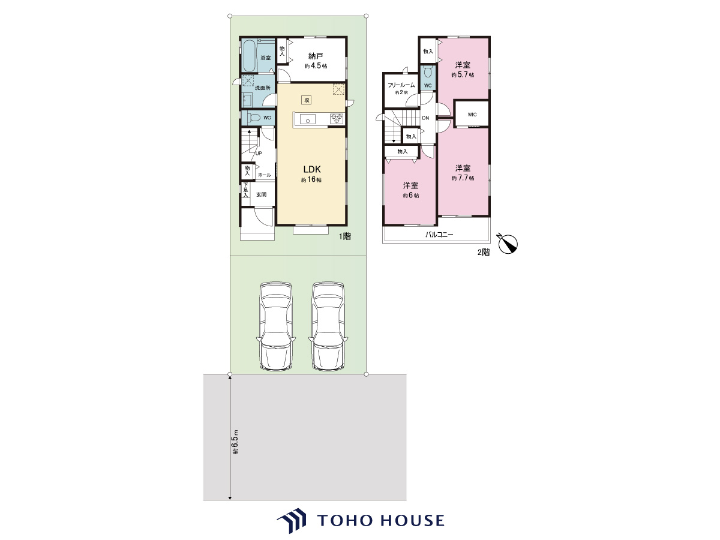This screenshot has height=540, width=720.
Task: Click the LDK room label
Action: [311, 169]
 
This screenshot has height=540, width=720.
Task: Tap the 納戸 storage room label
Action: [316, 56]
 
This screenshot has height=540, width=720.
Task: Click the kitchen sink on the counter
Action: [308, 119]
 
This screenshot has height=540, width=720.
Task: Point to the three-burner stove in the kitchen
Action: [337, 118]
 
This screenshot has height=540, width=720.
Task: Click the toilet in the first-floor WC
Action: [254, 118]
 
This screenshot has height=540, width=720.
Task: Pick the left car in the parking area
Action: [275, 326]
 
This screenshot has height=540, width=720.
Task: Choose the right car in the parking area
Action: [328, 326]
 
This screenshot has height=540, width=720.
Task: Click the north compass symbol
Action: [508, 244]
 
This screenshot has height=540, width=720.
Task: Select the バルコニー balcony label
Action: [439, 235]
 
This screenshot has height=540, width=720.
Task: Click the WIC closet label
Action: [472, 115]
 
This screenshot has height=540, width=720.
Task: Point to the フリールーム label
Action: [401, 85]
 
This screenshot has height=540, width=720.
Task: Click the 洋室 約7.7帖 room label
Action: [463, 173]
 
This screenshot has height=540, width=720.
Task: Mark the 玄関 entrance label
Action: [262, 194]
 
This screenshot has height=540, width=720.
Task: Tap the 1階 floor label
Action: [345, 236]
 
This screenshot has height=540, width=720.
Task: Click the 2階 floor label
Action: [484, 252]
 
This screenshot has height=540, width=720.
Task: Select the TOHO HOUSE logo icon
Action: [292, 520]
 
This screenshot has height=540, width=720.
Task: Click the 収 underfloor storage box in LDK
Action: [307, 100]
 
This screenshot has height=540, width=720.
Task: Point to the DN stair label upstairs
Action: [425, 118]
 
